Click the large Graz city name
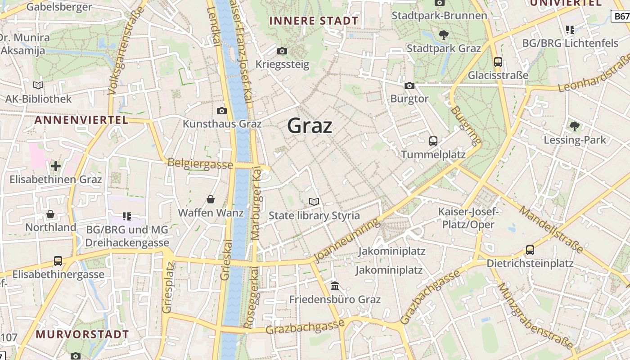coord(310,126)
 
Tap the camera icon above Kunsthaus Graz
coord(221,111)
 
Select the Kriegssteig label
coord(282,64)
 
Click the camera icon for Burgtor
coord(409,85)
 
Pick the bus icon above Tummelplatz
coord(433,141)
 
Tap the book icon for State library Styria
coord(314,202)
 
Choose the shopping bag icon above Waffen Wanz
coord(211,199)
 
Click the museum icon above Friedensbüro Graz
coord(335,286)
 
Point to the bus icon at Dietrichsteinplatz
coord(530,250)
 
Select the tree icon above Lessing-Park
coord(574,126)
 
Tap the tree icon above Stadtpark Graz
coord(443,35)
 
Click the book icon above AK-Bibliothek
coord(38,85)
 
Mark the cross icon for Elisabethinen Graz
coord(56,166)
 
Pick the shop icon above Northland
coord(50,214)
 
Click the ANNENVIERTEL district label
coord(81,120)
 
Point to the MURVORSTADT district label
coord(82,334)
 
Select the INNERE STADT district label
coord(313,21)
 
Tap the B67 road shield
coord(622,17)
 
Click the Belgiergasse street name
coord(200,164)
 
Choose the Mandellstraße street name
coord(552,229)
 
